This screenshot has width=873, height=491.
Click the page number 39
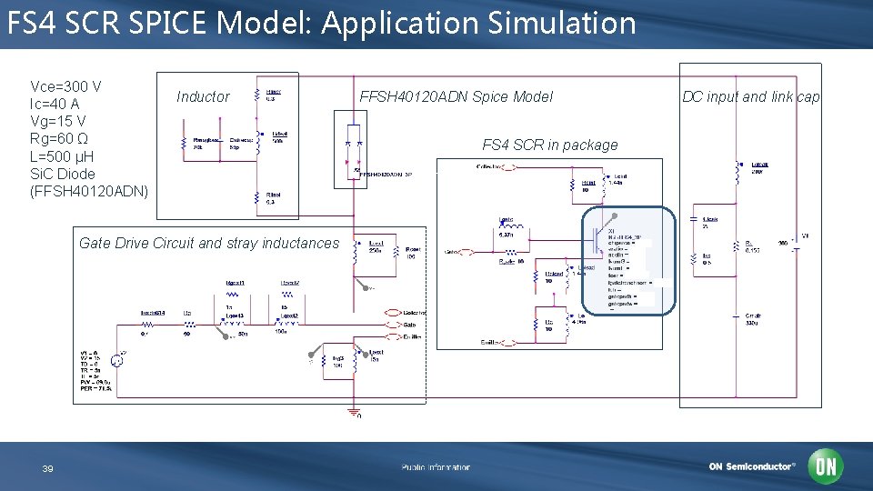tap(48, 468)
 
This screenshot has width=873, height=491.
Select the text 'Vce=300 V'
tap(65, 86)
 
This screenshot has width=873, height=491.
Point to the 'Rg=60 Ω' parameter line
tap(59, 138)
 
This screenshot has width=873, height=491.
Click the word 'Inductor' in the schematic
tap(203, 96)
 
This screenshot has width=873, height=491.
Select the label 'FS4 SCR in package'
tap(549, 145)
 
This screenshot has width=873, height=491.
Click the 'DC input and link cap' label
tap(750, 96)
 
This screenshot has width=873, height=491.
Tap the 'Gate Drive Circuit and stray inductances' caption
tap(208, 243)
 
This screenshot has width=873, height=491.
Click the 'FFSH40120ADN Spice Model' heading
tap(456, 96)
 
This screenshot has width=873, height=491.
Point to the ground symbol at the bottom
tap(353, 411)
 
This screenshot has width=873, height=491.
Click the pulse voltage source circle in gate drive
tap(117, 358)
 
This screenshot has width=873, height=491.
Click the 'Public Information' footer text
tap(436, 467)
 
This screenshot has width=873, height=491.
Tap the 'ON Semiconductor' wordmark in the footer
tap(752, 466)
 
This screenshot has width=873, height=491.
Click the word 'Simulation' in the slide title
tap(561, 22)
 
